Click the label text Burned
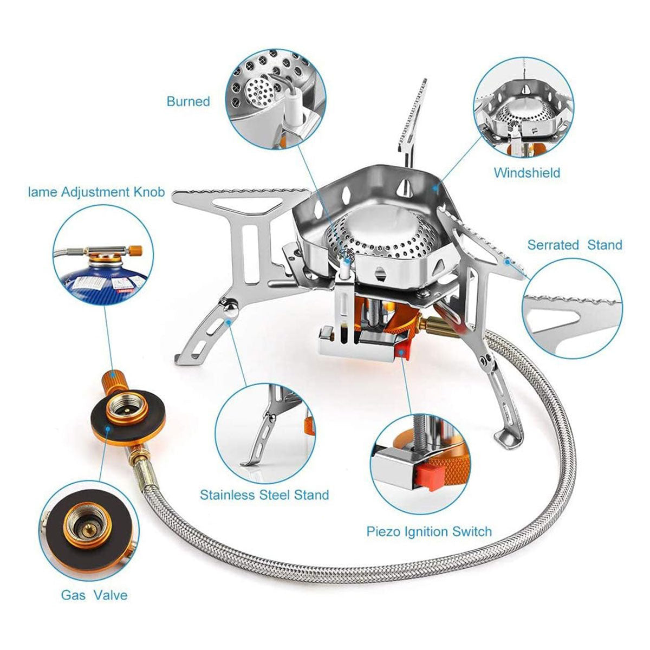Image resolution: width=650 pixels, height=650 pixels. (x=188, y=101)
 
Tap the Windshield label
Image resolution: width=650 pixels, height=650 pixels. (x=526, y=173)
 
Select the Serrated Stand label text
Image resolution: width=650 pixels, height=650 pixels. (x=575, y=245)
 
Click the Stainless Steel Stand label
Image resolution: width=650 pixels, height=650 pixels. (x=264, y=495)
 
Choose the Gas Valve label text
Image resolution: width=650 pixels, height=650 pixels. (x=94, y=595)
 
